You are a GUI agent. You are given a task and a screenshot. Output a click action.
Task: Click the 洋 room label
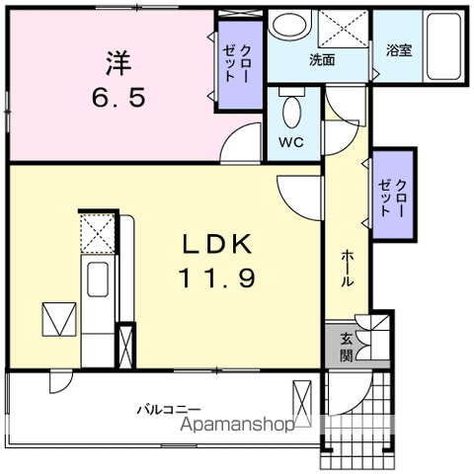tap(118, 62)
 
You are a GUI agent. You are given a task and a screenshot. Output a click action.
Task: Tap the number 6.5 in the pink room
tap(118, 98)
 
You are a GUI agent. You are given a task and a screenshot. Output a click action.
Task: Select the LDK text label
tap(217, 244)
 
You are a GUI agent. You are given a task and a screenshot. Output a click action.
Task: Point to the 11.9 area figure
tap(217, 278)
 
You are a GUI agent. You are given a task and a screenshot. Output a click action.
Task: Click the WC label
tap(291, 142)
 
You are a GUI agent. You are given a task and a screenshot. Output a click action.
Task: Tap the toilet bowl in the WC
tap(292, 112)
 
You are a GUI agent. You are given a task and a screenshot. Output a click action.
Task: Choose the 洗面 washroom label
tap(322, 60)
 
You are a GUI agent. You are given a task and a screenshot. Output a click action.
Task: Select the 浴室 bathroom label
tap(399, 50)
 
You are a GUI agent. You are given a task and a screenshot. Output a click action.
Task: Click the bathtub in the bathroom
tap(443, 46)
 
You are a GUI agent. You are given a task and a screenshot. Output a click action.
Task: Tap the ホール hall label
tap(348, 269)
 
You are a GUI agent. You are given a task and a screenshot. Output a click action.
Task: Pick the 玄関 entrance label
tap(347, 348)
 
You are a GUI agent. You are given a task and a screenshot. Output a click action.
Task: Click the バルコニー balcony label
tap(169, 410)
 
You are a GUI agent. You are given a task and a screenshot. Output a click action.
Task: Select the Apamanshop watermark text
tap(237, 425)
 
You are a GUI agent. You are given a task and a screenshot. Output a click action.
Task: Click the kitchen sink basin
tap(98, 279)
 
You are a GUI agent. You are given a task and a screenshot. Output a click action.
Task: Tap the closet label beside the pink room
tap(237, 63)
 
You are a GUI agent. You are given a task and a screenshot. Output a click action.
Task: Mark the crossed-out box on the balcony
tap(302, 404)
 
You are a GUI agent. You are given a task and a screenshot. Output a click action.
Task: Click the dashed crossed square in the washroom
tap(344, 29)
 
